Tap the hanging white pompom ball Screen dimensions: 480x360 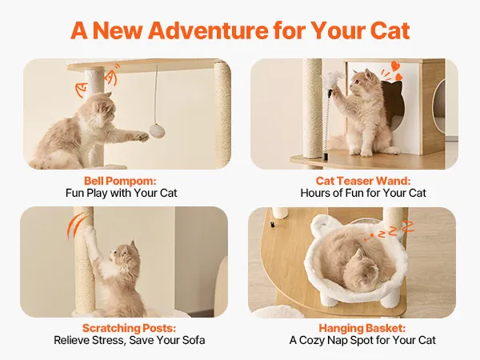[x=157, y=130]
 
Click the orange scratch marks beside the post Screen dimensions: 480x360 [x=74, y=226]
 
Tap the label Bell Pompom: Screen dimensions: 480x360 [x=120, y=181]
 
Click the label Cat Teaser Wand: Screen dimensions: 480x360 [x=363, y=181]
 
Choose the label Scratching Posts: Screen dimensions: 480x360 [x=129, y=328]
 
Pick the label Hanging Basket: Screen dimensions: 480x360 [x=362, y=328]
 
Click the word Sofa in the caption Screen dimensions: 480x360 [x=194, y=341]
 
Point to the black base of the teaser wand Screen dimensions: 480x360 [x=325, y=157]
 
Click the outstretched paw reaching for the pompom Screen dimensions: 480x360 [x=142, y=137]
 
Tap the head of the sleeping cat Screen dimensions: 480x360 [x=362, y=265]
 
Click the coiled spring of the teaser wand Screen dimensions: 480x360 [x=327, y=122]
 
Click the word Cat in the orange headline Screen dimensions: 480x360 [x=390, y=30]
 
